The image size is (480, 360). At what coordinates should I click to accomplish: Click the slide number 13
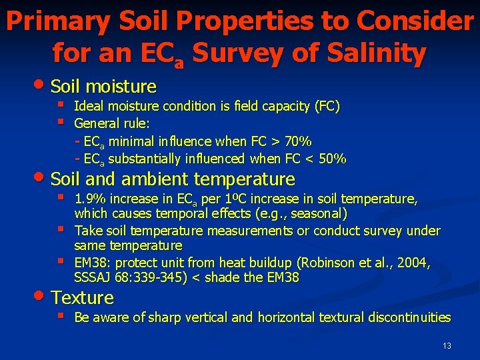[447, 346]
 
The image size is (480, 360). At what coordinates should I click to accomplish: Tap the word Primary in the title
[54, 23]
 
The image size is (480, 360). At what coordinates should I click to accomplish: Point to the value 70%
[299, 141]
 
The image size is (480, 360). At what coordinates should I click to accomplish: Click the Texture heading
[82, 297]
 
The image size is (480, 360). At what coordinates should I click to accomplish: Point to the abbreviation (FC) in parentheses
[326, 106]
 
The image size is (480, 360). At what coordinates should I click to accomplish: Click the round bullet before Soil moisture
[43, 85]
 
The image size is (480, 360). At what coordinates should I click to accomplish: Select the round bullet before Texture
[43, 296]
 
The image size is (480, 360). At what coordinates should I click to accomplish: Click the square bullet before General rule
[61, 122]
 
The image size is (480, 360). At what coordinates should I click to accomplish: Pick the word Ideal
[89, 106]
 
